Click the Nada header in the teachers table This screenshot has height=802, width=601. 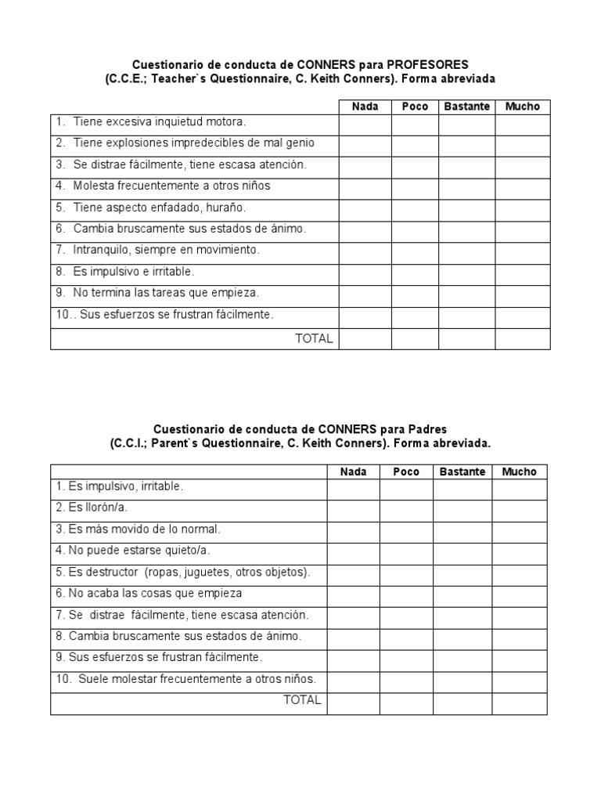click(365, 107)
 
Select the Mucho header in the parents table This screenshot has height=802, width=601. click(519, 471)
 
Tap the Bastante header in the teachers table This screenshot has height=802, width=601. click(466, 107)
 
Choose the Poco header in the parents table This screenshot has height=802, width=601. click(406, 471)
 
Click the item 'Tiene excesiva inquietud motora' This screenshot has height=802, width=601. click(160, 122)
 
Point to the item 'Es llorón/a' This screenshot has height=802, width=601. click(92, 508)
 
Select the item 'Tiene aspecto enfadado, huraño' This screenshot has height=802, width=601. click(160, 208)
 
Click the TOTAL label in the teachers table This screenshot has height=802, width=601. click(314, 338)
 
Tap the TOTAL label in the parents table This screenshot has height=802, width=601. click(302, 700)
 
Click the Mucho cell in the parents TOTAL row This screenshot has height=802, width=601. click(519, 703)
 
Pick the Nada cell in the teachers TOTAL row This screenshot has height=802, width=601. click(365, 339)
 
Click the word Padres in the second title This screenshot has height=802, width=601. click(427, 429)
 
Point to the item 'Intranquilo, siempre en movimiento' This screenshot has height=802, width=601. click(166, 250)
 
